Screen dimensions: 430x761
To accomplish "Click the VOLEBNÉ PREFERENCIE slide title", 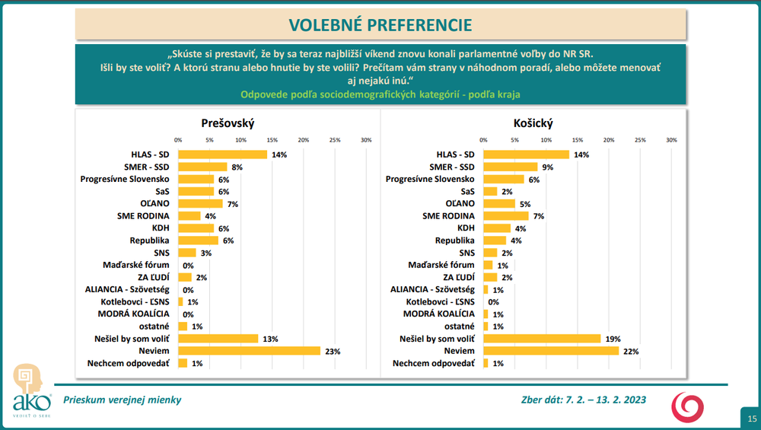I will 380,25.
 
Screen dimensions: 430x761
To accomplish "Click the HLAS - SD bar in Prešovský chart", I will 222,154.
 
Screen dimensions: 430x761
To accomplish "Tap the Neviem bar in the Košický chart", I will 552,351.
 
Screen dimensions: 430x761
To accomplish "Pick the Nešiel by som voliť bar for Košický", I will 543,339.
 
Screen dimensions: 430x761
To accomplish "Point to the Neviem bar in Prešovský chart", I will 250,351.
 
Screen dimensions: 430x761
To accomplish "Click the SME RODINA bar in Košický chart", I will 505,216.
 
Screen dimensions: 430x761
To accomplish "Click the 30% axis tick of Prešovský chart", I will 366,140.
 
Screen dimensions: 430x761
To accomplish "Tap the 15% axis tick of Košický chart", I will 578,140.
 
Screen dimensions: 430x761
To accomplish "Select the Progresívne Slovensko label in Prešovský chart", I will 125,179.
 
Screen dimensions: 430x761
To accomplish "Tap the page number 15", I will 752,418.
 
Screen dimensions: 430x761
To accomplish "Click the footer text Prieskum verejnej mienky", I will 123,400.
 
